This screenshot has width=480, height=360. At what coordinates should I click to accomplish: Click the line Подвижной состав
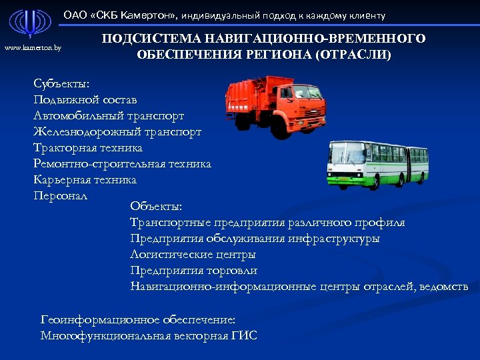pos(85,99)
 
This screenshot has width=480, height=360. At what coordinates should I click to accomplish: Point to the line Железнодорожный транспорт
pos(117,131)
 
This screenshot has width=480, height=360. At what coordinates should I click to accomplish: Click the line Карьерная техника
pos(85,179)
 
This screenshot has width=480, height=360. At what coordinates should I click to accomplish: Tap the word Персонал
pos(60,195)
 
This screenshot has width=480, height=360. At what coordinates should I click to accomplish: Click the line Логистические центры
pos(193,254)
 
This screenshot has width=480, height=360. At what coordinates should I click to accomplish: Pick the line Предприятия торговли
pos(194,270)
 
